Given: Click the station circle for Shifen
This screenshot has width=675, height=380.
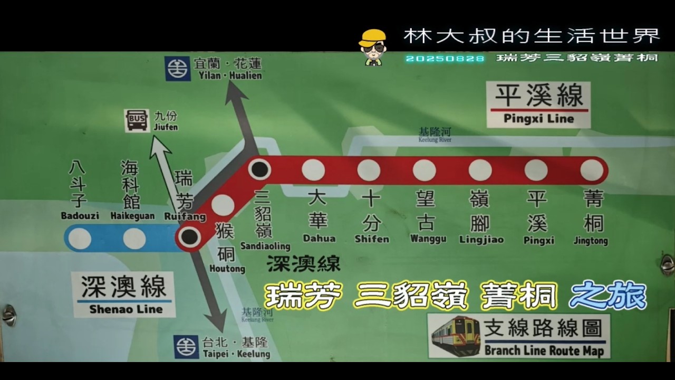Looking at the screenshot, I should pos(369,170).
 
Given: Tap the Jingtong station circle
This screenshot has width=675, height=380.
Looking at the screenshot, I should pos(592,170).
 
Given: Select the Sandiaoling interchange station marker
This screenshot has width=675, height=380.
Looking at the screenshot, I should pos(259,169).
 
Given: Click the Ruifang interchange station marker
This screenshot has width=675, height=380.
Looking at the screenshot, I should pos(189,237).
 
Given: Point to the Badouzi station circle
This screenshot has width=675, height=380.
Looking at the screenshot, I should pos(80,239).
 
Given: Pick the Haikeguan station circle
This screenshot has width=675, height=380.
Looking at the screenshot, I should pos(134,239).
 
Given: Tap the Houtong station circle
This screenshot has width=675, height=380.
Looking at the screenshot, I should pos(223,205).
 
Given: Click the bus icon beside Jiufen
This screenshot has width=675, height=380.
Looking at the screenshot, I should pos(137,120).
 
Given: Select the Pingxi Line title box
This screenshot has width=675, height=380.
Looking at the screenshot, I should pos(538,104).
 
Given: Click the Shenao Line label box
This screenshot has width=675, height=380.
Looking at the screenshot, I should pos(124,294).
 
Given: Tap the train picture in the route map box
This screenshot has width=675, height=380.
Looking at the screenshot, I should pos(456,336).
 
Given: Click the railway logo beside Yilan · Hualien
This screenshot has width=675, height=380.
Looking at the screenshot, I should pos(178,69).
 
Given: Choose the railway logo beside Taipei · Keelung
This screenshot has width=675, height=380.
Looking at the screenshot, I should pos(187,347).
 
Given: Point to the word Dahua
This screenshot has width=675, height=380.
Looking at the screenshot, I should pos(319,239).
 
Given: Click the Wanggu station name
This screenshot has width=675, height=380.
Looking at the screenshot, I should pos(428,239).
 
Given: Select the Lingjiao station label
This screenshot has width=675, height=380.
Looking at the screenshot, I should pos(481,240).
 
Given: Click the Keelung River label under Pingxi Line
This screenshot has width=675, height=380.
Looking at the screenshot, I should pos(435,135).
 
